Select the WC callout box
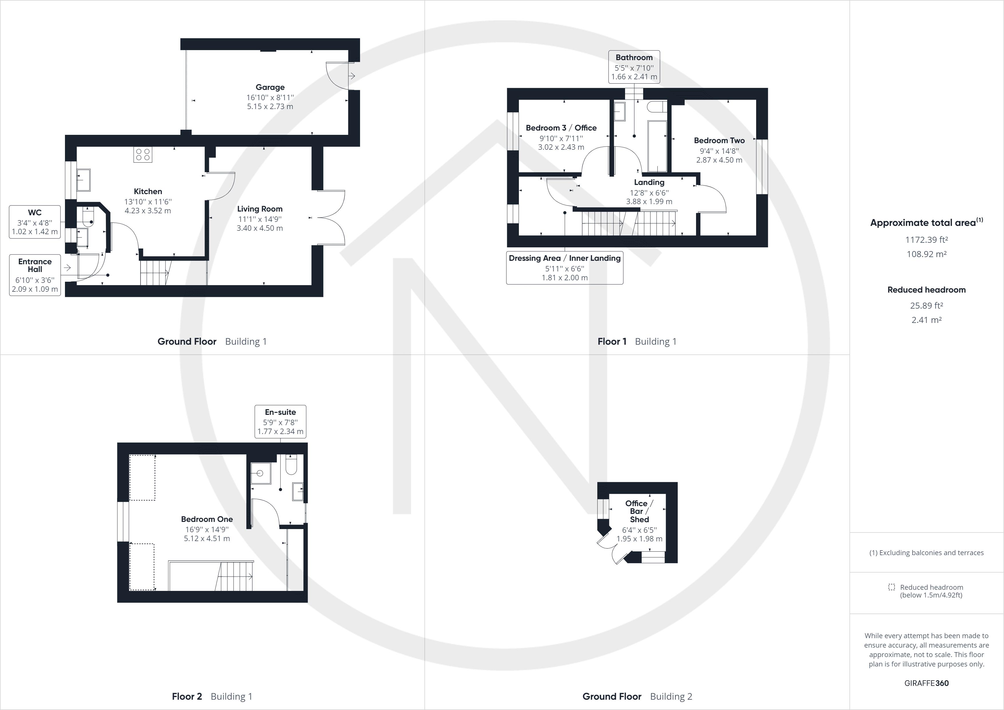(35, 222)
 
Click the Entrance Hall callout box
(35, 275)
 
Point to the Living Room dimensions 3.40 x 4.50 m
(260, 228)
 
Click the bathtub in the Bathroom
(657, 147)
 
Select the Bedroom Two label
(719, 140)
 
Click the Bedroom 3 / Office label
(561, 128)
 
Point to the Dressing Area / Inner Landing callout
(564, 267)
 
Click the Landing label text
(649, 182)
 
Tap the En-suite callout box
(280, 421)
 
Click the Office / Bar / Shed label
(639, 511)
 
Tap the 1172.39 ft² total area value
(926, 240)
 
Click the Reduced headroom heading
(926, 290)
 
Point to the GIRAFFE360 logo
(926, 683)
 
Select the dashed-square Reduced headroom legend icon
(892, 587)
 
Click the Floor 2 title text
(187, 697)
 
